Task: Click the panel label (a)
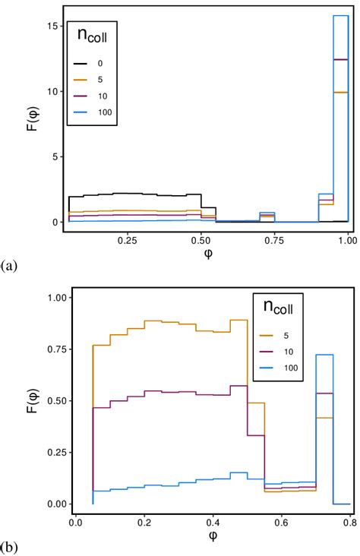tap(9, 265)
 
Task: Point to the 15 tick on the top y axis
tap(50, 26)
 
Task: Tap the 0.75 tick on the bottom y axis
tap(57, 349)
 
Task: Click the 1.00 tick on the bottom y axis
tap(57, 298)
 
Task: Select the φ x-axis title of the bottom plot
tap(213, 536)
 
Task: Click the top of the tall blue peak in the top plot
tap(340, 16)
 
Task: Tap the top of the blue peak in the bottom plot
tap(325, 355)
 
